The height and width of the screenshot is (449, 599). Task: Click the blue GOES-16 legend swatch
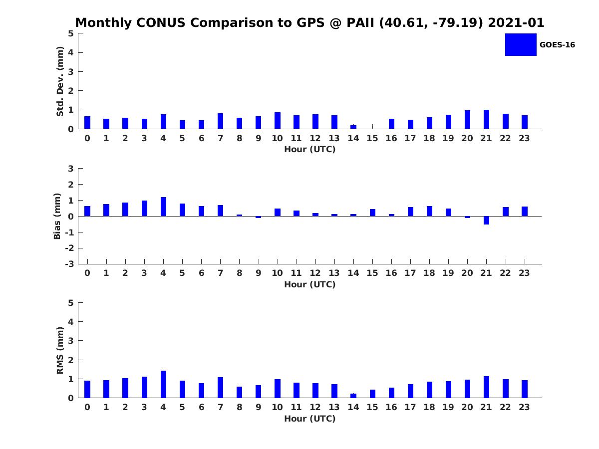521,45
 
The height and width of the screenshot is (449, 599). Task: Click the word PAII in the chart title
360,23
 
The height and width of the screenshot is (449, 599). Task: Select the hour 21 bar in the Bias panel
486,221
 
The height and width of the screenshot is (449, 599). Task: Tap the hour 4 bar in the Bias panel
163,207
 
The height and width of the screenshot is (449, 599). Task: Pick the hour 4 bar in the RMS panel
163,384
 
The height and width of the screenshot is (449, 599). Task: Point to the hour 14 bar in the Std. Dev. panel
353,127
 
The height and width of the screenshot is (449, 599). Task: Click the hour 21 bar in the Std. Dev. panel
486,119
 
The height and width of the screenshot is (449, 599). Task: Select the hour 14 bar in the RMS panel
353,396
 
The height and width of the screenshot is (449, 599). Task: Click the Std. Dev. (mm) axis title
60,81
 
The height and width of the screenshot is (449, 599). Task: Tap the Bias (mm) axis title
57,216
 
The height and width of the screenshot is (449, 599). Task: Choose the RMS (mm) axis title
60,351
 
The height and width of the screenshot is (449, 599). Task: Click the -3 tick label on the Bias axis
69,264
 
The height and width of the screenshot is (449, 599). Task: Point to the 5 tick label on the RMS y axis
71,303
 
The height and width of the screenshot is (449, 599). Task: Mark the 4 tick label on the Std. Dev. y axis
71,52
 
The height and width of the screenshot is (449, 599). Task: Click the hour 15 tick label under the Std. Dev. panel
372,139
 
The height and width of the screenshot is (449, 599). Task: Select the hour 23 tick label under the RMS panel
524,407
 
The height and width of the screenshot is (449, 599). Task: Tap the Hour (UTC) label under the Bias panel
310,284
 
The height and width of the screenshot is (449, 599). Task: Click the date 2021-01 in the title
516,23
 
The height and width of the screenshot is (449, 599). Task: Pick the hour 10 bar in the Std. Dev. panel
278,121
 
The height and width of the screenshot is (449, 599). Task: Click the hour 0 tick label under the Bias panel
87,273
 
